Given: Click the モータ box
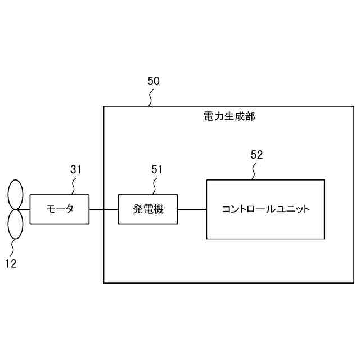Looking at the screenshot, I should (60, 209).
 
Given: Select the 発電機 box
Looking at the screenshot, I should (147, 209).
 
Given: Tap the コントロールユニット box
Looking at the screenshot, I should (265, 209).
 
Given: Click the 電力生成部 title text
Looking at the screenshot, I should (229, 116).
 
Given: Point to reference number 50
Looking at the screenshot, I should (154, 81).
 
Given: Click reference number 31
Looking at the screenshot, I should (76, 169).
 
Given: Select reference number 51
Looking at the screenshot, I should (157, 169).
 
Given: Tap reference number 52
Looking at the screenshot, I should (256, 155).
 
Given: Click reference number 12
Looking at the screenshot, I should (10, 263).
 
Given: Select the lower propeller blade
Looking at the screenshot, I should (15, 223).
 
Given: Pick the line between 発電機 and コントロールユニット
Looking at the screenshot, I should (192, 209).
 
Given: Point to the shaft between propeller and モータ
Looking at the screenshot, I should (26, 209).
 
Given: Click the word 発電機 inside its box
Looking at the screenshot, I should (147, 209).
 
